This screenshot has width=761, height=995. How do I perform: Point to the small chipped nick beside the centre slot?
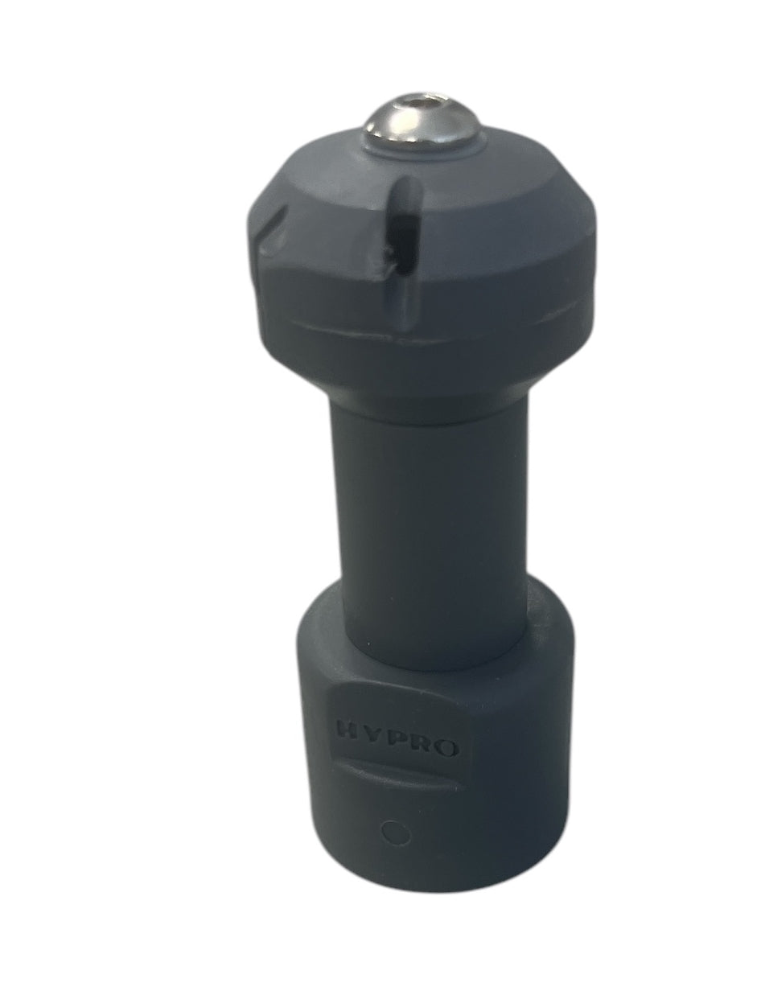[x=389, y=257]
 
